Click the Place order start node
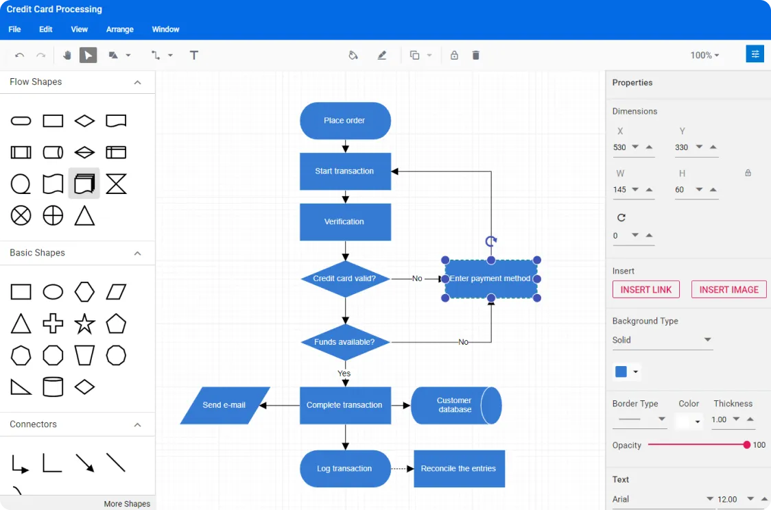(345, 121)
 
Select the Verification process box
(345, 222)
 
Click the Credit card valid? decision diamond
(345, 279)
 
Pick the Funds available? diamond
(345, 342)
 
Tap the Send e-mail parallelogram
(225, 405)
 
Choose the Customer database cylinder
(455, 405)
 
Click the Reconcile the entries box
(459, 469)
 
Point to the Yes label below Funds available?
(344, 374)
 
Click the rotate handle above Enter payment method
(491, 241)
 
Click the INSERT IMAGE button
(728, 289)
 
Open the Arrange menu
(120, 29)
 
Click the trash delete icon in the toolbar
(476, 56)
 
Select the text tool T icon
(194, 56)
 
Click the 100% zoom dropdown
(705, 56)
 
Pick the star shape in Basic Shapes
(84, 324)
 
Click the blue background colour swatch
(621, 372)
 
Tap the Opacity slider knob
(746, 445)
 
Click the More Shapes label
(127, 504)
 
